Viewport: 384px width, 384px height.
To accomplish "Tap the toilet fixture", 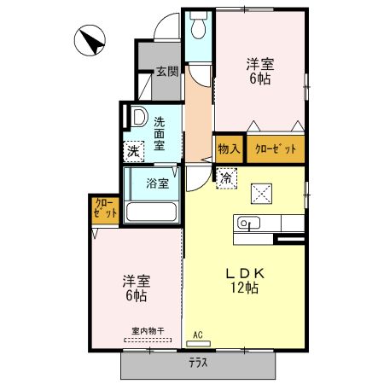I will click(x=198, y=28).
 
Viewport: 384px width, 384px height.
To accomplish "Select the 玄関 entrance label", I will click(x=166, y=72).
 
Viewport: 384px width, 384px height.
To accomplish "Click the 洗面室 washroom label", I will click(x=160, y=133).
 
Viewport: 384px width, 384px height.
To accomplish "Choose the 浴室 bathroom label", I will click(x=157, y=183).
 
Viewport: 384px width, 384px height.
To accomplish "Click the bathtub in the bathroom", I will click(x=151, y=212).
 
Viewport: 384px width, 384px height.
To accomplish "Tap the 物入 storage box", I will click(x=229, y=149).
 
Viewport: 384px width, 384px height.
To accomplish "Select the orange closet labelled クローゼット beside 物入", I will click(x=276, y=149).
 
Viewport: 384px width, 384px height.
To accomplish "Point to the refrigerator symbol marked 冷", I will click(x=226, y=179).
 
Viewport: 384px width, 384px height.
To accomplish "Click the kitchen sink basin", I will click(x=248, y=224).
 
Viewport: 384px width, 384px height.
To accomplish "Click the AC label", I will click(x=198, y=335).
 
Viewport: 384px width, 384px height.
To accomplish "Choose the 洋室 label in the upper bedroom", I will click(x=259, y=62).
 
